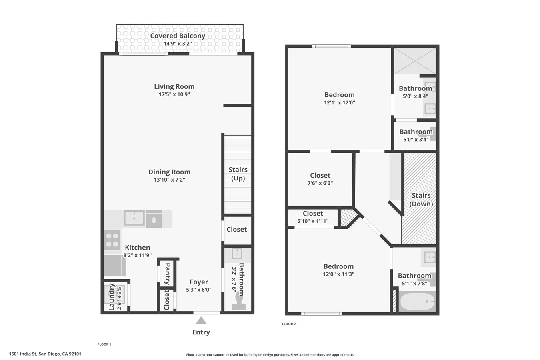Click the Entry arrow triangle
point(201,320)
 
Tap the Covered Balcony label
point(178,36)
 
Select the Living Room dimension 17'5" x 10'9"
point(174,94)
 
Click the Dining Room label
point(169,172)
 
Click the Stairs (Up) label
point(238,174)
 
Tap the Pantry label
point(168,274)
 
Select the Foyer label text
point(199,282)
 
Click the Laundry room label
point(112,297)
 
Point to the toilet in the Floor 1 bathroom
point(239,301)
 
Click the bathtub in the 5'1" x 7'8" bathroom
point(417,302)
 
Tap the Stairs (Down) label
point(421,200)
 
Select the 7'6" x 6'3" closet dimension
point(320,183)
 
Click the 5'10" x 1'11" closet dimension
point(313,221)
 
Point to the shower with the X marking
point(416,61)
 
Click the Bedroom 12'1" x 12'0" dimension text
point(340,103)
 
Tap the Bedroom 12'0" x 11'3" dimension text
point(339,274)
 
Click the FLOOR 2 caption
point(289,324)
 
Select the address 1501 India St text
point(45,354)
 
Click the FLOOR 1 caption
point(104,344)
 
